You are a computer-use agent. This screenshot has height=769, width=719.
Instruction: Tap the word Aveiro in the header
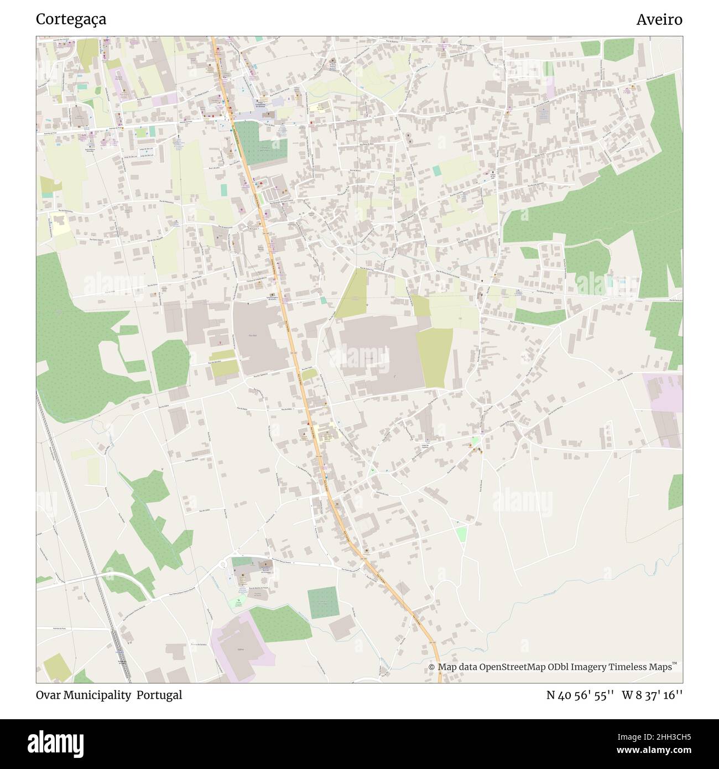point(659,19)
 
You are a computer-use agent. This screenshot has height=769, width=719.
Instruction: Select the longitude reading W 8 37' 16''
point(652,695)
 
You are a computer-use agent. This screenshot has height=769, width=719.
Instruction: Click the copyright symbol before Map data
point(432,667)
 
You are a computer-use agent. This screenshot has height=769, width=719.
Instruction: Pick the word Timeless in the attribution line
point(628,667)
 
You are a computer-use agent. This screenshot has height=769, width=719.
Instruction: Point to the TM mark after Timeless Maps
point(675,664)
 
